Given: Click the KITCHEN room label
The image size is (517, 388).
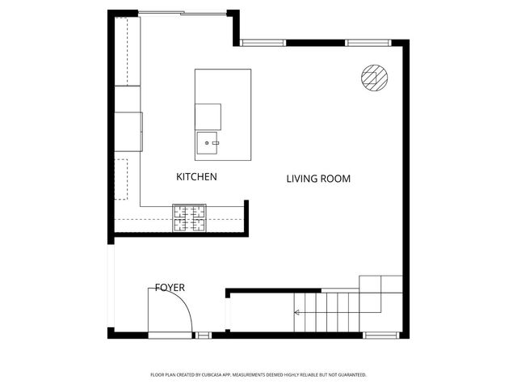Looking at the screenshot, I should (197, 176).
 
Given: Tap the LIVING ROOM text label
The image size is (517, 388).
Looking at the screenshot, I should (318, 179).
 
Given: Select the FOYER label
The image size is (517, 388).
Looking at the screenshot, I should (170, 288).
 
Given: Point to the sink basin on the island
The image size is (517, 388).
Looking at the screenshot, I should (208, 144).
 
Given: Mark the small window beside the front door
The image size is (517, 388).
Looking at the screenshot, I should (204, 334).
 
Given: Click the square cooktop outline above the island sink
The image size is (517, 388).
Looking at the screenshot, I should (208, 116).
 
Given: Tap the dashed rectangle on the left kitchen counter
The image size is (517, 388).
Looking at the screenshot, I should (121, 179).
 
